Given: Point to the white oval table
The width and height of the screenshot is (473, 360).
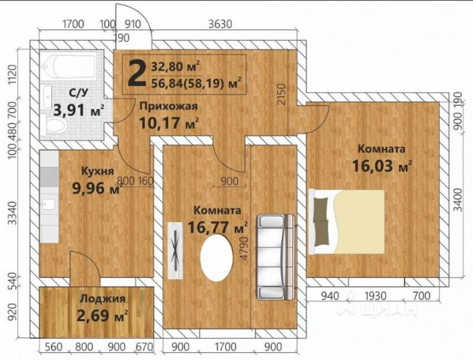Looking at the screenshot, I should point(217,258).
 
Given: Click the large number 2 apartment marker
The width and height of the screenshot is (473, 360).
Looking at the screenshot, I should point(136,74).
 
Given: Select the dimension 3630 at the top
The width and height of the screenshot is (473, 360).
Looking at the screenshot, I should point(220,25).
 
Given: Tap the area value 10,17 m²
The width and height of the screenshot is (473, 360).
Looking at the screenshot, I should point(169,123).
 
